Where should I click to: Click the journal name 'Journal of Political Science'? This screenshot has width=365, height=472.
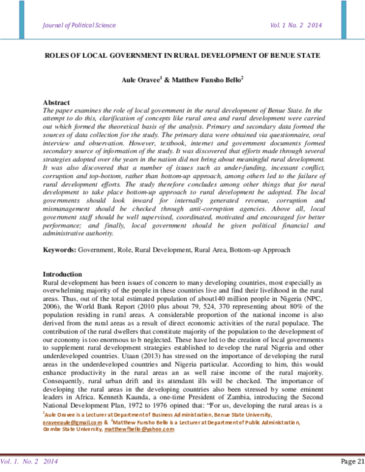79,25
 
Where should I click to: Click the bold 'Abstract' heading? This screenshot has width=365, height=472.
57,102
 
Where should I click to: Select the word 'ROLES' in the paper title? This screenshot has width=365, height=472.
59,55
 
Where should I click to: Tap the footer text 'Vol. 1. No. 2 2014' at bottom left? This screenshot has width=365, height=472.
26,461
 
